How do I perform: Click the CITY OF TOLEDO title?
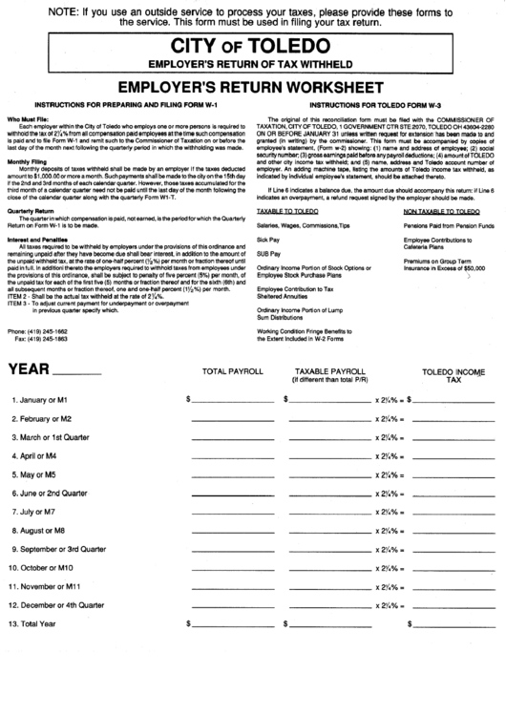253,47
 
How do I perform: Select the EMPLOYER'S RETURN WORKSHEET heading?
253,86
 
